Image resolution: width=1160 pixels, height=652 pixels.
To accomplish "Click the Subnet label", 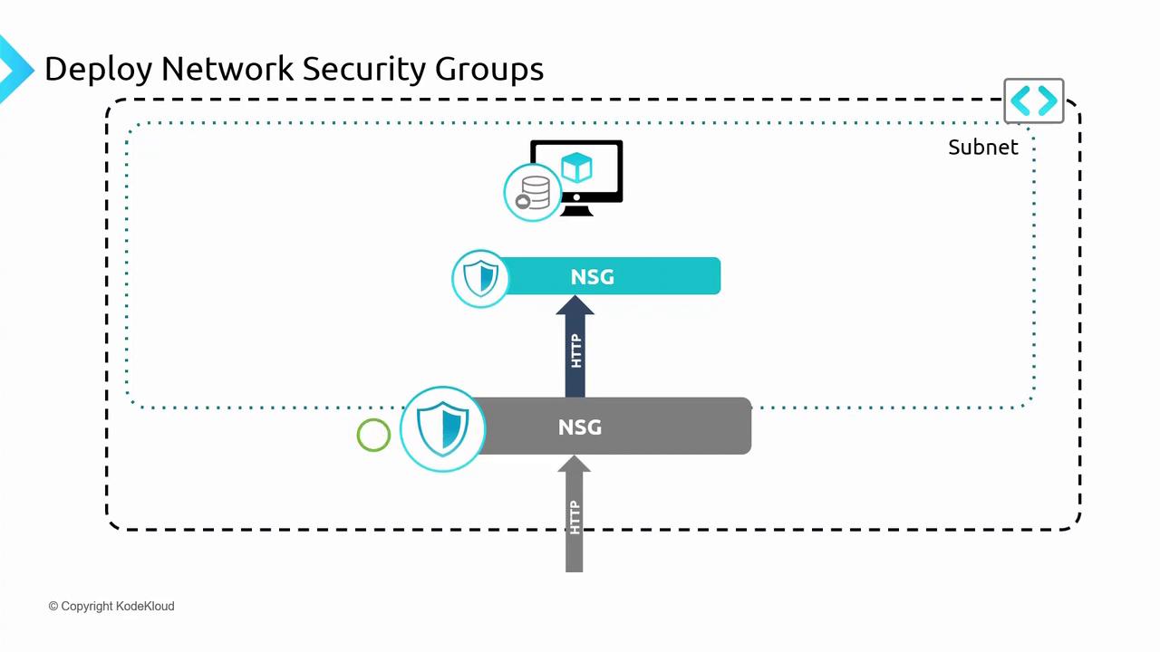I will (x=982, y=147).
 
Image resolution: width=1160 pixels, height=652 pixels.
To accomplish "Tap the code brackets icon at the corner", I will (x=1034, y=101).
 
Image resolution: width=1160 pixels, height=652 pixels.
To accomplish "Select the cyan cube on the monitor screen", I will (x=576, y=168).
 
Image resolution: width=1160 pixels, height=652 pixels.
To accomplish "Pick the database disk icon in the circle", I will (x=533, y=193).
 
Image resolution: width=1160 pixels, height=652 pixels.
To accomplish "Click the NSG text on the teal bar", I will (x=593, y=276).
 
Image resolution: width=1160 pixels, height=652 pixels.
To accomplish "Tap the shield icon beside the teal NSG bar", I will (x=480, y=278).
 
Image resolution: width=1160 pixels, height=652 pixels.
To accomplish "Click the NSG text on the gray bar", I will (x=580, y=427).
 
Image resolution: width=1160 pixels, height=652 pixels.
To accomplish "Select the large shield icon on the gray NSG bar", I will (x=442, y=429).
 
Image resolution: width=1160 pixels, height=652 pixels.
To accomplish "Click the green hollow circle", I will (x=373, y=436).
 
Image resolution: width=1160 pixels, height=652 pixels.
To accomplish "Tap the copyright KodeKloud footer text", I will (x=111, y=606).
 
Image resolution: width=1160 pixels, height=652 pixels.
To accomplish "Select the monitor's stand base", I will (x=576, y=211).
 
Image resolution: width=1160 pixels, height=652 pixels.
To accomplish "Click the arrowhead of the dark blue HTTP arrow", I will (x=575, y=306).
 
